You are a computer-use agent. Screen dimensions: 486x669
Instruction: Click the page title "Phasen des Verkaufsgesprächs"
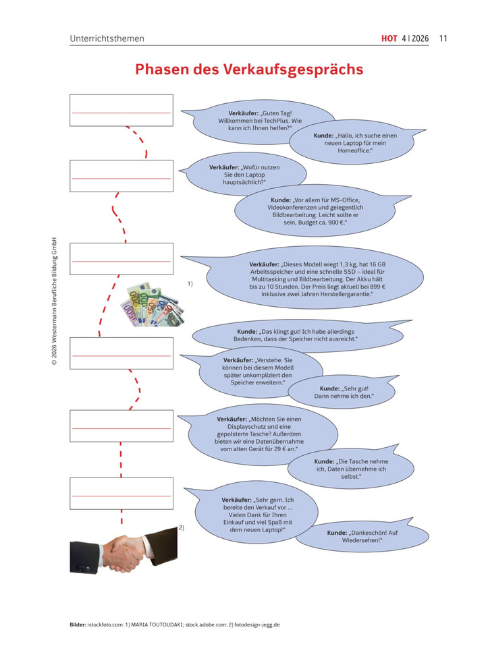click(x=249, y=69)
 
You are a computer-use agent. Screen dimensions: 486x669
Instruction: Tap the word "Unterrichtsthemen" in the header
click(x=107, y=38)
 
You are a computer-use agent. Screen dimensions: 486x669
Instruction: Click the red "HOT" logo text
click(x=389, y=38)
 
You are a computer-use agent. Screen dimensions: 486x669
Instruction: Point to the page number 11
click(x=443, y=38)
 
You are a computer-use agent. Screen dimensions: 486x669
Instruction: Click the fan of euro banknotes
click(x=153, y=305)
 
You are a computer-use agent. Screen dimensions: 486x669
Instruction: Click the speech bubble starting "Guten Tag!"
click(x=259, y=121)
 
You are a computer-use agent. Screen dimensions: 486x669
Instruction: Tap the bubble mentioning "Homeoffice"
click(x=355, y=142)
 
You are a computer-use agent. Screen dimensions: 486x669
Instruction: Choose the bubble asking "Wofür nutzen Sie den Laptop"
click(x=244, y=175)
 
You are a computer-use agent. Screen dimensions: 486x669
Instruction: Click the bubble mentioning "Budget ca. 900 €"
click(x=315, y=211)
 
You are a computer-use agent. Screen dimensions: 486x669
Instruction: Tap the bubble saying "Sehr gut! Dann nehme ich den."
click(x=344, y=392)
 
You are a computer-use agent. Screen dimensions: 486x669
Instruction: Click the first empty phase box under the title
click(x=122, y=110)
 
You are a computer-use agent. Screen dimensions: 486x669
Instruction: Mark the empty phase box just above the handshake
click(x=122, y=494)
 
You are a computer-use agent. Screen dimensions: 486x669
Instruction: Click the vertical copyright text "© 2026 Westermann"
click(x=54, y=301)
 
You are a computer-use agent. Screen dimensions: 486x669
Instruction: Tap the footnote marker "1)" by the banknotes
click(x=190, y=283)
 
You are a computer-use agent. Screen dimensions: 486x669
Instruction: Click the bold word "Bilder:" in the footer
click(x=78, y=624)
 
